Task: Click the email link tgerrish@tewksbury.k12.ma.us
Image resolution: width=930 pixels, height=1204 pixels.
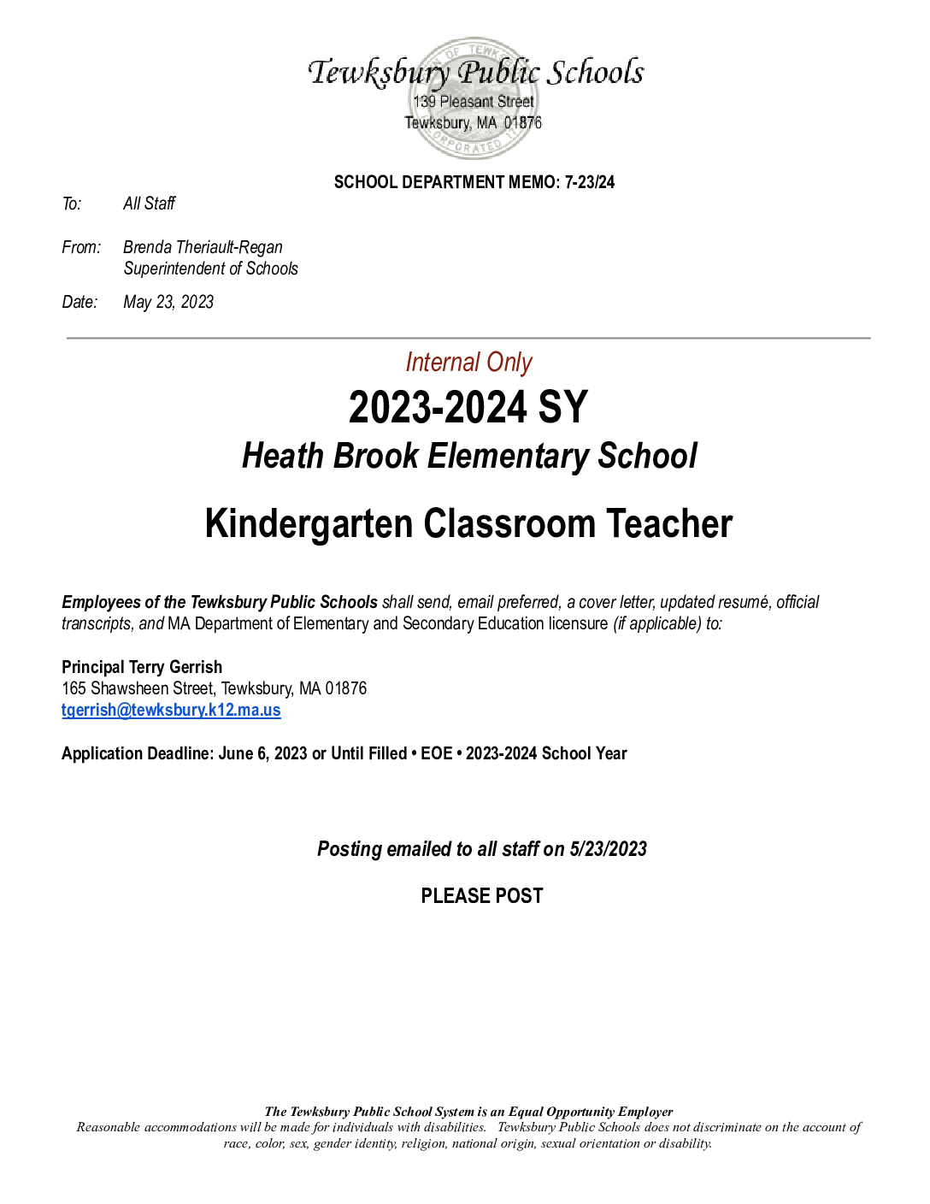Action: coord(171,710)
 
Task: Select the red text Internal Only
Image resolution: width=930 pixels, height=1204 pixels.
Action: coord(468,363)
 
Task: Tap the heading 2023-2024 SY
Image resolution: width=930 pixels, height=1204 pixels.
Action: coord(468,407)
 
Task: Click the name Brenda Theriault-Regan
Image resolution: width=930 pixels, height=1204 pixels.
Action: coord(203,247)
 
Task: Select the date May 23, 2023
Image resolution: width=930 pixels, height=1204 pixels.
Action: coord(168,302)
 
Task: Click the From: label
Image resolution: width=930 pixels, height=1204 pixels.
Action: coord(81,247)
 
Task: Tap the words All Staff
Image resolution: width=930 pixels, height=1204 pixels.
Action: coord(149,204)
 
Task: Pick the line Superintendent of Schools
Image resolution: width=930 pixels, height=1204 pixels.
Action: coord(210,269)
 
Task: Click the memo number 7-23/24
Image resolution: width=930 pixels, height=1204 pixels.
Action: coord(590,182)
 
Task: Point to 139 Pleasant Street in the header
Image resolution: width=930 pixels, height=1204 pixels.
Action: coord(474,102)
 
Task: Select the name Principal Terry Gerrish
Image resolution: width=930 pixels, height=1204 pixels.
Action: coord(142,667)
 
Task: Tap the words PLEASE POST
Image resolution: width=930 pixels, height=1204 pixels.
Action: coord(482,895)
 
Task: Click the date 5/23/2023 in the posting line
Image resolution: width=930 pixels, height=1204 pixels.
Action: coord(608,849)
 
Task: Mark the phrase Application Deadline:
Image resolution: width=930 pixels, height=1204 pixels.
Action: coord(138,753)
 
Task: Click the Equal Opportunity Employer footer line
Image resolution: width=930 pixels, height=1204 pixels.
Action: coord(468,1112)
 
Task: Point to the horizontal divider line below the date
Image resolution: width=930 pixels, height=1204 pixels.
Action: coord(468,339)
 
